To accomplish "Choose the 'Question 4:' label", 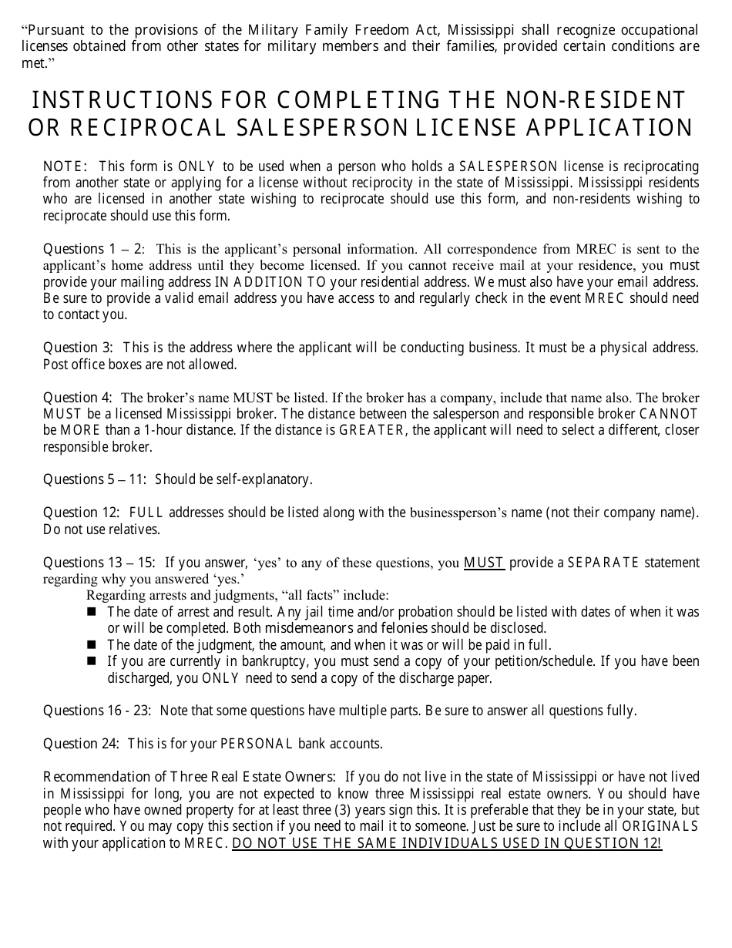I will (78, 398).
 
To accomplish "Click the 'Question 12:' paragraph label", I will (81, 513).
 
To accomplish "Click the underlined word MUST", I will (484, 563).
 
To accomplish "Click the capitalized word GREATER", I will (371, 431).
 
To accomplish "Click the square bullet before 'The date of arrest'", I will (92, 611).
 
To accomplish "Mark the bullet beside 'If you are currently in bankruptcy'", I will (92, 661).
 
